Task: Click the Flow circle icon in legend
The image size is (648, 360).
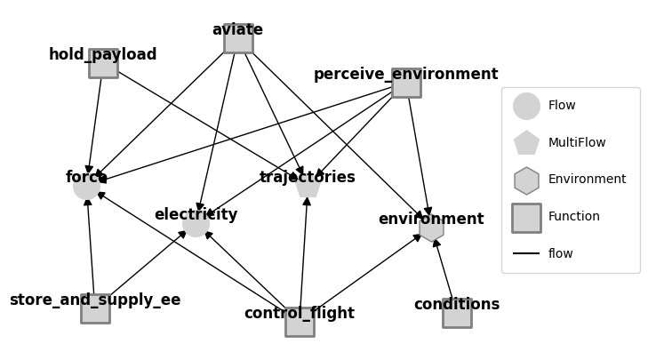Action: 526,106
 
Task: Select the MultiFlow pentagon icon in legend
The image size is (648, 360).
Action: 526,143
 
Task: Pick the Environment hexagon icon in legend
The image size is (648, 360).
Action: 526,180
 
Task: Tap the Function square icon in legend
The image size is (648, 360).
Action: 526,218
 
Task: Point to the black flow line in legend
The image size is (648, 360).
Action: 526,254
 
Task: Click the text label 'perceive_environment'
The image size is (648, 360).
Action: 405,75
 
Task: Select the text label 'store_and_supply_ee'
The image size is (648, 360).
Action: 95,300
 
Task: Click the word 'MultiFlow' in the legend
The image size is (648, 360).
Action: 577,143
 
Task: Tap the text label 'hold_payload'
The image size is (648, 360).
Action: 103,55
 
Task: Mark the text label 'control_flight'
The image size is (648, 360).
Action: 300,314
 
